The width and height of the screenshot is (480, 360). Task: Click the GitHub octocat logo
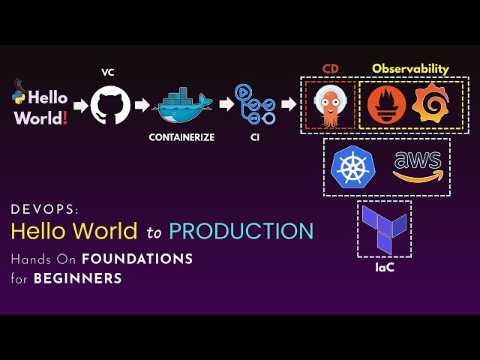[110, 104]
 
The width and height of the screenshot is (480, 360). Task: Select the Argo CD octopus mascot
[331, 105]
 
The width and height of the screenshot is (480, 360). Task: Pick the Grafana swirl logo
[427, 105]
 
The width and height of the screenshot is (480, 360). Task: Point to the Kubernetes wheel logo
[352, 166]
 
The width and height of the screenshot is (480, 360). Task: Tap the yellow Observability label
[410, 69]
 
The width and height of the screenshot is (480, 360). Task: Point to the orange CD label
[331, 69]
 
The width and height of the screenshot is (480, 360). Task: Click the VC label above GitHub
[108, 73]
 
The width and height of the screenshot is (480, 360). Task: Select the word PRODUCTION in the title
[241, 231]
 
